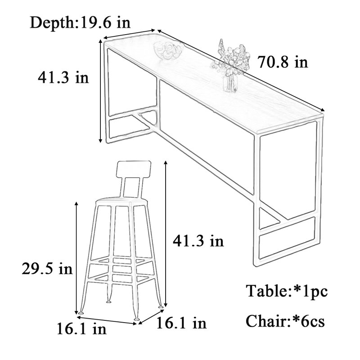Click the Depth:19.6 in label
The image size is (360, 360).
[81, 23]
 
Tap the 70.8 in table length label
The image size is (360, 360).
[283, 62]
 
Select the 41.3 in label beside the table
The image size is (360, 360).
[63, 77]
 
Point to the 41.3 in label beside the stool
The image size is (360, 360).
[198, 241]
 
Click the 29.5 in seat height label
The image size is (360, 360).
[47, 268]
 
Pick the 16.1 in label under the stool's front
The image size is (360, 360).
[81, 328]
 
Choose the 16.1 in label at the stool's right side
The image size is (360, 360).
[181, 323]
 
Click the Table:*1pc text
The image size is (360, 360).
[287, 291]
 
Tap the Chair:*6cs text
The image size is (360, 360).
[285, 321]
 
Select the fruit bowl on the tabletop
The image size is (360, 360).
[168, 50]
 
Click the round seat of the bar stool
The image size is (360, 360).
[121, 202]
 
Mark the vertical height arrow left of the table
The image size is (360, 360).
[100, 91]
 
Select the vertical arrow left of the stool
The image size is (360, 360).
[76, 258]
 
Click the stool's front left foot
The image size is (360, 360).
[81, 312]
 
